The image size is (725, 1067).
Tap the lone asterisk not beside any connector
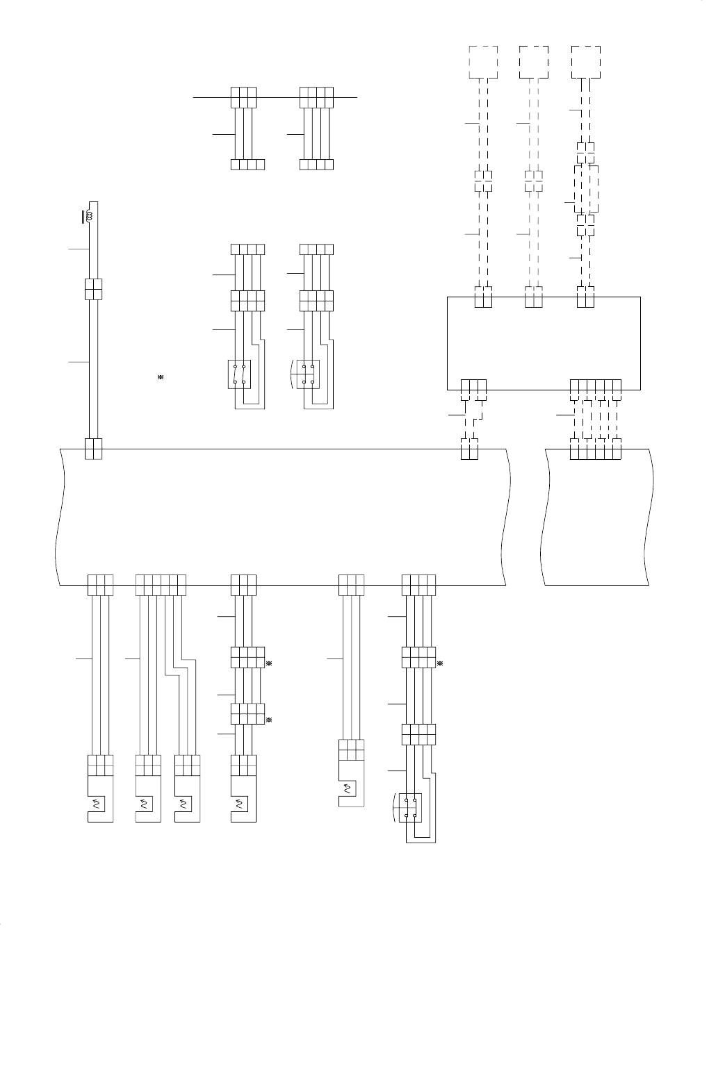160,377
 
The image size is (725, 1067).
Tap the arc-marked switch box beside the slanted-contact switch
307,374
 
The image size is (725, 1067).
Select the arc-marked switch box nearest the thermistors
410,807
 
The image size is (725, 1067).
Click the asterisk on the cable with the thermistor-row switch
440,663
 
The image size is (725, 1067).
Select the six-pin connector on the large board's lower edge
161,584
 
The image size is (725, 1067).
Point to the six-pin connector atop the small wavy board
595,449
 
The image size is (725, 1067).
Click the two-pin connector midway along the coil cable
93,289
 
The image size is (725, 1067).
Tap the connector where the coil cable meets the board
93,449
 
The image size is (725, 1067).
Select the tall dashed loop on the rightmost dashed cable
586,189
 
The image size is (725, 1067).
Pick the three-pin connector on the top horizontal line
243,97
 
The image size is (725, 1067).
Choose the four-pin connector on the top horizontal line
316,97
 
